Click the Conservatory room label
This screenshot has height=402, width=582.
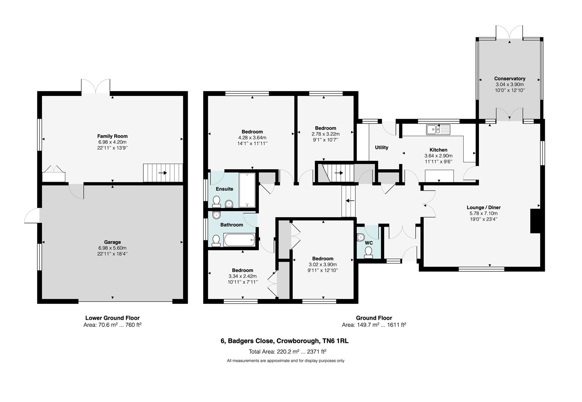click(509, 79)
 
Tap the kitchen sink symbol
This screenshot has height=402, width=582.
click(438, 130)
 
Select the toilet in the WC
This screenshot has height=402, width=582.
click(368, 253)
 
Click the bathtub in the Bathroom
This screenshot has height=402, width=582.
click(239, 240)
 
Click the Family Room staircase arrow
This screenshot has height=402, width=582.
click(162, 173)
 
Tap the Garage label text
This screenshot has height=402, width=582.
click(112, 242)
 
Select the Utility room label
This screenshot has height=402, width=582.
click(381, 147)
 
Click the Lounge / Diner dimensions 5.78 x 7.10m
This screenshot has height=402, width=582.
click(483, 213)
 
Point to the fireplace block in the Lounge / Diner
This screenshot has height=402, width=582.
click(535, 221)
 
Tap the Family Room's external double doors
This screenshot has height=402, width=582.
click(96, 87)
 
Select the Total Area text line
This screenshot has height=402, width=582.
click(287, 351)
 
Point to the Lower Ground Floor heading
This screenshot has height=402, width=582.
click(112, 318)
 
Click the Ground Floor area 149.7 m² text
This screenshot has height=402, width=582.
click(373, 325)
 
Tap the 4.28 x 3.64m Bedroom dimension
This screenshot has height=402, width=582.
click(252, 137)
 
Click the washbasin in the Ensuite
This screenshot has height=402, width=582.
click(229, 203)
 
